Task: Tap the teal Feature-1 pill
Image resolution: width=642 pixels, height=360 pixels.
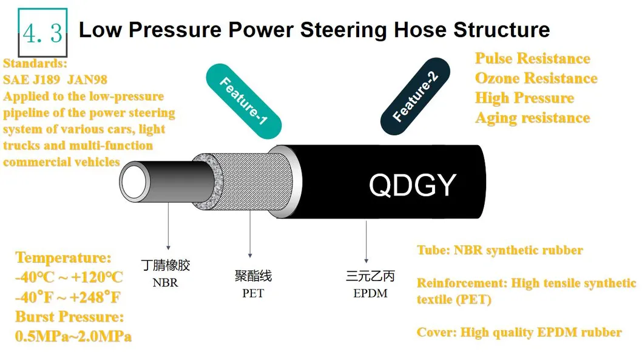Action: [x=243, y=98]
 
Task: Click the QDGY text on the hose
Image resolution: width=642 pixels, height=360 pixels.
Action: [x=412, y=185]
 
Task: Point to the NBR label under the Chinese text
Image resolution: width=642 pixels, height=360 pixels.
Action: [x=165, y=282]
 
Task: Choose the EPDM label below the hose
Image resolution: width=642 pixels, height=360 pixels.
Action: [x=370, y=294]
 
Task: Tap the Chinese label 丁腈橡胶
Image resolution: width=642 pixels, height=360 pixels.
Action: [x=165, y=266]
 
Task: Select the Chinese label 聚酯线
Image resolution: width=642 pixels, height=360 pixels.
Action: [x=253, y=276]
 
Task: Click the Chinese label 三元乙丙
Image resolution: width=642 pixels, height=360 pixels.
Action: [x=370, y=277]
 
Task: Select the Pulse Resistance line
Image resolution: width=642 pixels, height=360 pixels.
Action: [x=532, y=59]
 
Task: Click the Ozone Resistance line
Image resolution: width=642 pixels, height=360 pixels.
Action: [x=536, y=79]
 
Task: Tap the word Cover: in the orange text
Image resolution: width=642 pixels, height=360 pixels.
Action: [x=436, y=333]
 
